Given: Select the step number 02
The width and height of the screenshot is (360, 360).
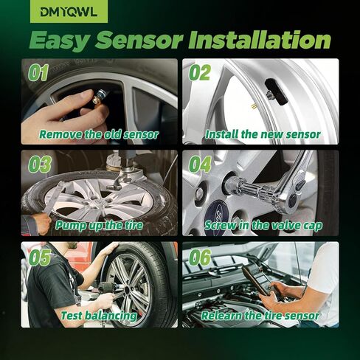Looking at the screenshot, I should [x=199, y=73].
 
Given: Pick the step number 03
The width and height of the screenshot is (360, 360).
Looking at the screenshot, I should [x=39, y=165].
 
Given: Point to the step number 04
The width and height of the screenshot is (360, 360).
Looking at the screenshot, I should [x=199, y=165].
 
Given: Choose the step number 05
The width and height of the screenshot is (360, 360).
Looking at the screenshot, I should [x=39, y=256].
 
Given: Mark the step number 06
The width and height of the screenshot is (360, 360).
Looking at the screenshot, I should [x=199, y=256].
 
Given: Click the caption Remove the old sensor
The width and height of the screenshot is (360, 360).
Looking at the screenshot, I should [x=99, y=135].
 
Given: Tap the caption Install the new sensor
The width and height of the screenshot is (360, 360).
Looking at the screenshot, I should [x=263, y=135].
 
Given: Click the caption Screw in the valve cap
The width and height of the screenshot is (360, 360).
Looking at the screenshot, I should [x=263, y=225].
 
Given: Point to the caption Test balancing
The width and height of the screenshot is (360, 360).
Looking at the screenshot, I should [x=108, y=316].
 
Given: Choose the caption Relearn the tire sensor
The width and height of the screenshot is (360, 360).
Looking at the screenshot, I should [x=260, y=316].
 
